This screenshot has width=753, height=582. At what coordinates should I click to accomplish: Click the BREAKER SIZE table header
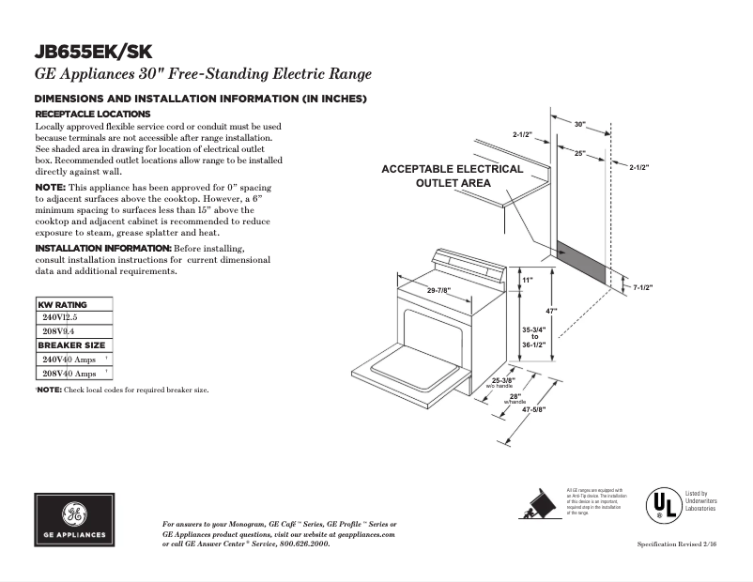pyautogui.click(x=71, y=345)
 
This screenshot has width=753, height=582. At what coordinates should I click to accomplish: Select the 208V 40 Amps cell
pyautogui.click(x=69, y=374)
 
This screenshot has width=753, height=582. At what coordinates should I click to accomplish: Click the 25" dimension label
pyautogui.click(x=580, y=153)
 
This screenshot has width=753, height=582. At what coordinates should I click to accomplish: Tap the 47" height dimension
pyautogui.click(x=553, y=311)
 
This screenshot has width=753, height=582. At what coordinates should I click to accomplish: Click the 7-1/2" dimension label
pyautogui.click(x=642, y=287)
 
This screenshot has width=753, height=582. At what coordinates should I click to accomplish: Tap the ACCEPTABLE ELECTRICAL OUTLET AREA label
pyautogui.click(x=452, y=176)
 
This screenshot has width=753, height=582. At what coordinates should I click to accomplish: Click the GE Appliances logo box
pyautogui.click(x=76, y=518)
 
